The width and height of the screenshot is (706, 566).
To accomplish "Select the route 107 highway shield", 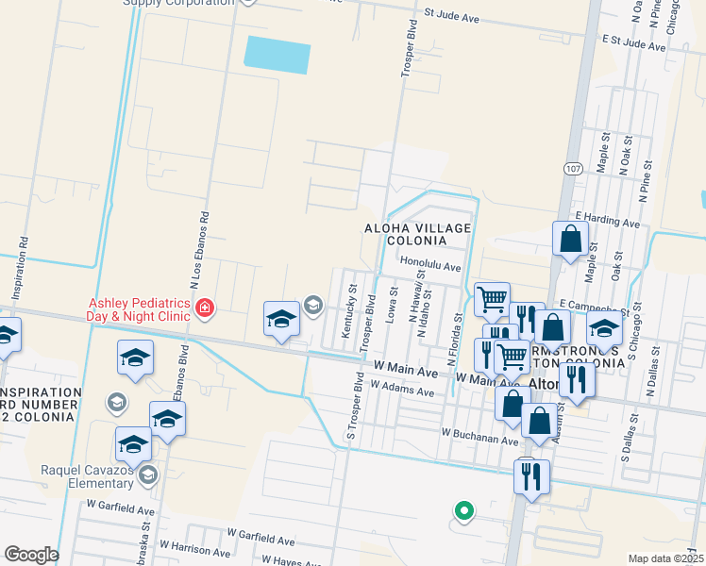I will [573, 168].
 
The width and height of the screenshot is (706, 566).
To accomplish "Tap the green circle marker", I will [463, 511].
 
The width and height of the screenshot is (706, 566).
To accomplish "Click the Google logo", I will [30, 555].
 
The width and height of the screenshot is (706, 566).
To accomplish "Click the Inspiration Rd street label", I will [20, 267].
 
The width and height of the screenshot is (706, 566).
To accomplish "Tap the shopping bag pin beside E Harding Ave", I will [571, 241].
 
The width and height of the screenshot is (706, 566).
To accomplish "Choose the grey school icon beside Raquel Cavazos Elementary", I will [147, 475].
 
